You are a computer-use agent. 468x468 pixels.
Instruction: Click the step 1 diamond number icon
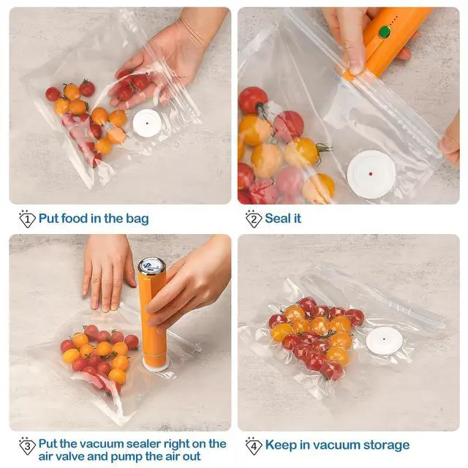point(27,219)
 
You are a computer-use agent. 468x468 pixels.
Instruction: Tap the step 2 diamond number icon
point(254,219)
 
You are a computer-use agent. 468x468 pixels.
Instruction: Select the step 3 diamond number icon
point(27,446)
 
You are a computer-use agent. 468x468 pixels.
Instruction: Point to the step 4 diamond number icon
point(254,446)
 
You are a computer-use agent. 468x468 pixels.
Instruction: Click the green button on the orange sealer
point(385,32)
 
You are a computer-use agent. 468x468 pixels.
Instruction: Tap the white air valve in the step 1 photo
point(147,123)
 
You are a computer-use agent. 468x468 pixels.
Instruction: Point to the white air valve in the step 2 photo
point(371,174)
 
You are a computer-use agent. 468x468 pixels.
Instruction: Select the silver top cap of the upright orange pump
point(150,266)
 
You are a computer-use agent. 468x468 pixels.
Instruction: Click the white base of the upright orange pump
point(156,364)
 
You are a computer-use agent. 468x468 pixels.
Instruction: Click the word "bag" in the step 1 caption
point(137,219)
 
